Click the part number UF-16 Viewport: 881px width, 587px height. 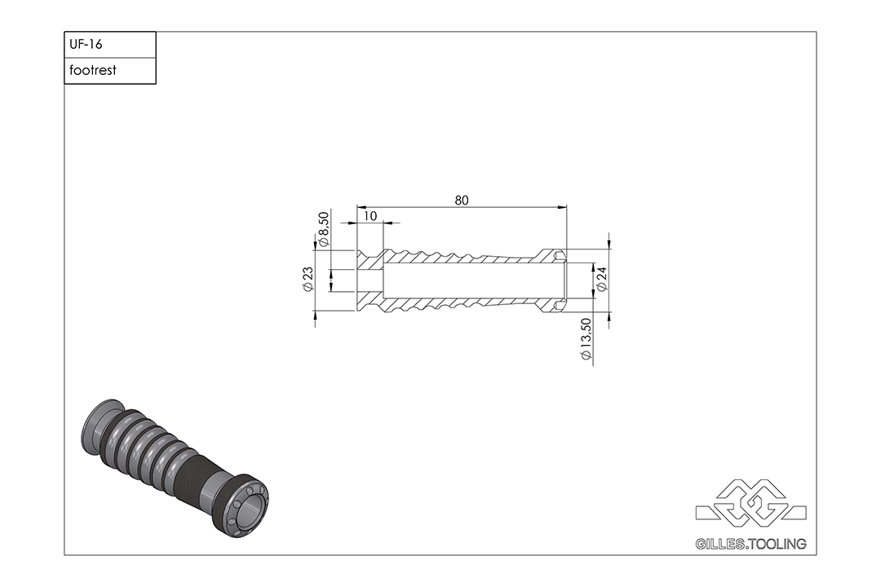[x=86, y=44]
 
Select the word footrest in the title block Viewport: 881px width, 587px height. [x=93, y=70]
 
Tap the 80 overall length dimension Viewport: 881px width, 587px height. [x=461, y=200]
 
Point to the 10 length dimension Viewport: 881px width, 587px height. [x=370, y=216]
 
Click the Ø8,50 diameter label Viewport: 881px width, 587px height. [x=323, y=229]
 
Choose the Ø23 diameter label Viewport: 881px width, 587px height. [x=308, y=279]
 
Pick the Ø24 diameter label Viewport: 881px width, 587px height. [x=602, y=279]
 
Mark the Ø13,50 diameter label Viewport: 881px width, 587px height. [x=586, y=339]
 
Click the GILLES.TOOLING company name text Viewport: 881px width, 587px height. [x=750, y=544]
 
